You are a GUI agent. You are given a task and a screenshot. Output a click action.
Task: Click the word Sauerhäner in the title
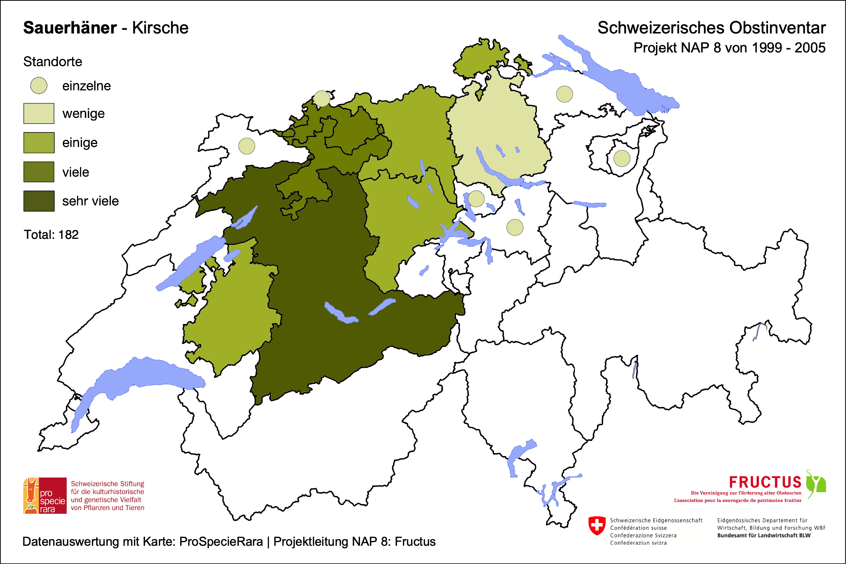click(70, 28)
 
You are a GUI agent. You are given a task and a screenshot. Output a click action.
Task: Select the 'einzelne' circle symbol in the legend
click(39, 86)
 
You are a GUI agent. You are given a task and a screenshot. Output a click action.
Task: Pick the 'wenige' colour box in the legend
click(39, 113)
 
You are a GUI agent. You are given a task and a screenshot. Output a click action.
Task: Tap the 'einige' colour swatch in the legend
click(39, 142)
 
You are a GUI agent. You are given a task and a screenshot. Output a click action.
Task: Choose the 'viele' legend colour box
click(39, 172)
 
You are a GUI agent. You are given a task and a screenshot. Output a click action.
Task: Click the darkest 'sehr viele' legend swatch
click(39, 201)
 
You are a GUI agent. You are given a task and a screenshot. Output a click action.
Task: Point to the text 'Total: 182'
click(51, 235)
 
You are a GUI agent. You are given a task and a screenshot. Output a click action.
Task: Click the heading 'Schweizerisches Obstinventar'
click(711, 28)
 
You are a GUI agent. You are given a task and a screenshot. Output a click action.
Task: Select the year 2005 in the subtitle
click(810, 48)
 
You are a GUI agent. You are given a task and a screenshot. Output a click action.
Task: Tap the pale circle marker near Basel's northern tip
click(322, 99)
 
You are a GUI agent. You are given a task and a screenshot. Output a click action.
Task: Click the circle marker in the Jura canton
click(247, 146)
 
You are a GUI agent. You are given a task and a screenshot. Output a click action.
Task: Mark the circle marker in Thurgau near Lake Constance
click(564, 94)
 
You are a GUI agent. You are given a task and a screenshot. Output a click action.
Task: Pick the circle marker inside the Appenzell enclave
click(622, 158)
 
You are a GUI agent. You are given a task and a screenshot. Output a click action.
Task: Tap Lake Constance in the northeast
click(625, 86)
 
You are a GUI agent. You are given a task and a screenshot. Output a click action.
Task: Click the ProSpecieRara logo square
click(45, 496)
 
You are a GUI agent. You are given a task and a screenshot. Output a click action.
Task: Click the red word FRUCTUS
click(765, 482)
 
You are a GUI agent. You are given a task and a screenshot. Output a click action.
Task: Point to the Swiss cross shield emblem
click(597, 525)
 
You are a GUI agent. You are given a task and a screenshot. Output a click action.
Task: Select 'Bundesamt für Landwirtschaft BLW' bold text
click(763, 535)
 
